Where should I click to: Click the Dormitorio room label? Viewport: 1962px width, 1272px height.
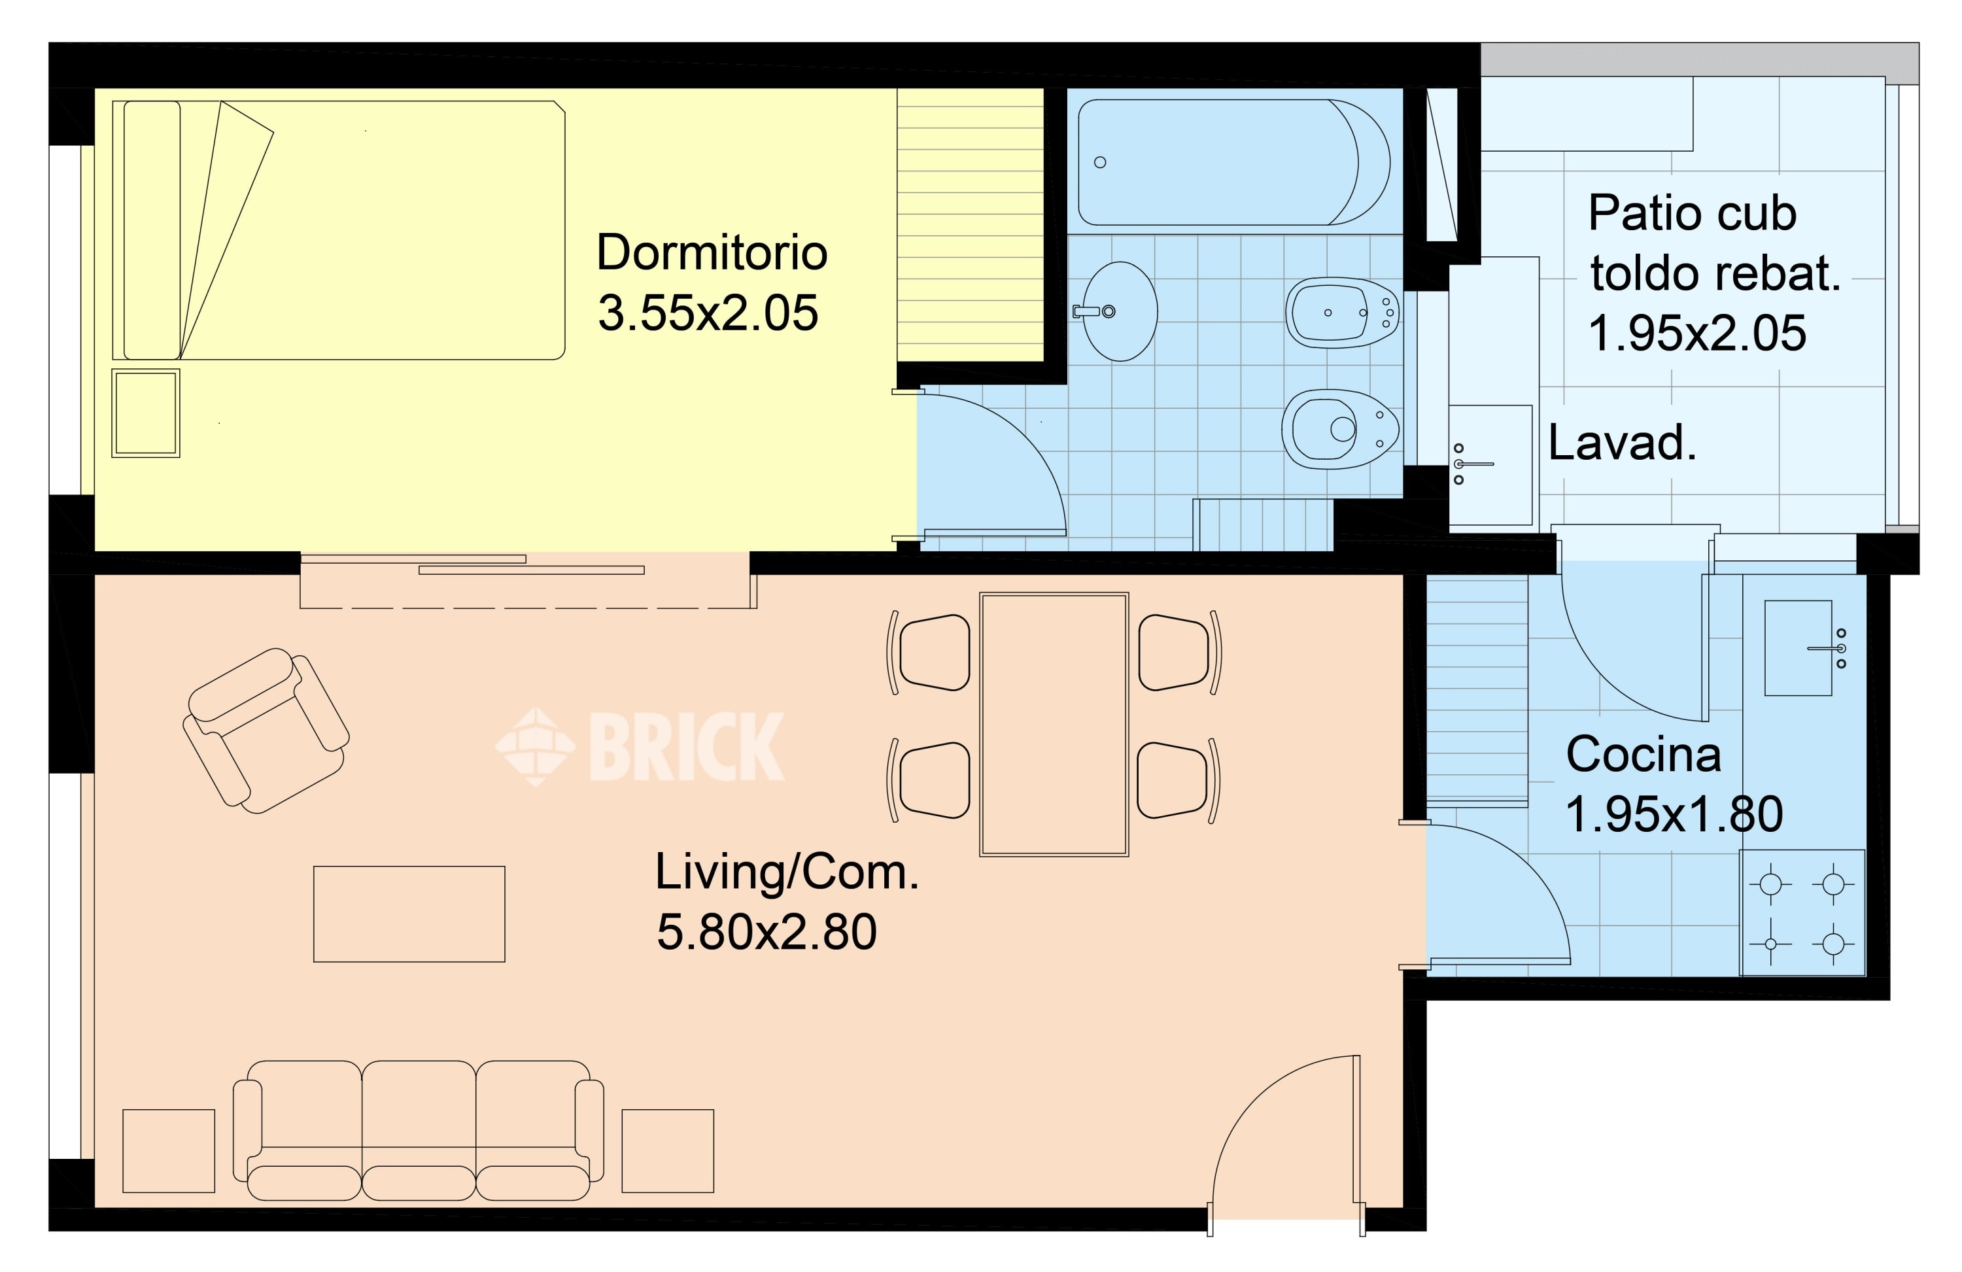pos(712,252)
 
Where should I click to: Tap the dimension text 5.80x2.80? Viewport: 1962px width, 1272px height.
pos(766,933)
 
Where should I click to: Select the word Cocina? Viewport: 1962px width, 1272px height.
pos(1643,754)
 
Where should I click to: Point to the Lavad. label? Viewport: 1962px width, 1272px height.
pos(1621,443)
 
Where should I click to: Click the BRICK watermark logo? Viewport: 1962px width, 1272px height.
pos(640,746)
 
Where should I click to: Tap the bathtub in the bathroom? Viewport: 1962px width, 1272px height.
pos(1233,162)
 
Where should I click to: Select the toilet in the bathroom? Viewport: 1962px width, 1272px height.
pos(1339,428)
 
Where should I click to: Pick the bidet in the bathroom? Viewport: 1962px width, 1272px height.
pos(1343,313)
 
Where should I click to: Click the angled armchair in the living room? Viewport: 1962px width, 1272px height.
pos(266,731)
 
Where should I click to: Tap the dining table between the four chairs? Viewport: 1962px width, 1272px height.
pos(1054,725)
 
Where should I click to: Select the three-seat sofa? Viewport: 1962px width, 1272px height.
pos(419,1130)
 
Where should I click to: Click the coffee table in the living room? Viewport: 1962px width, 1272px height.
pos(409,914)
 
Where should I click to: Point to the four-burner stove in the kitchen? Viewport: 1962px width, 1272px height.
pos(1802,912)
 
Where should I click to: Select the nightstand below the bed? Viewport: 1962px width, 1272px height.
pos(146,413)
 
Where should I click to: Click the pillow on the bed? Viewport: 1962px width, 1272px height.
pos(152,230)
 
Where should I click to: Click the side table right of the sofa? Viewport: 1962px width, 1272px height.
pos(668,1151)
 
